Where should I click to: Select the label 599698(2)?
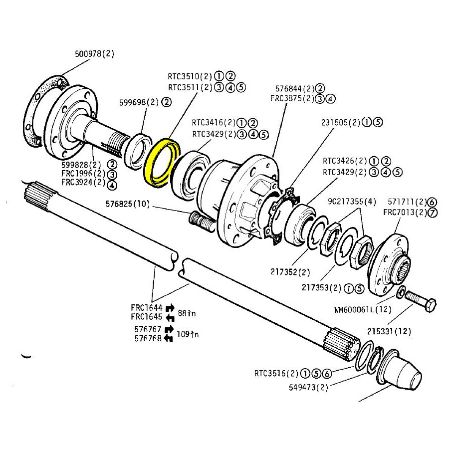[138, 102]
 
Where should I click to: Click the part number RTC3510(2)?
[190, 77]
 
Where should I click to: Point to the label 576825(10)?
[127, 204]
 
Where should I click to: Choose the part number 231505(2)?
[345, 122]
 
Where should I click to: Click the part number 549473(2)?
[309, 386]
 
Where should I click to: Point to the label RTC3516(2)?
[276, 373]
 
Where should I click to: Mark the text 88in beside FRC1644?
[187, 313]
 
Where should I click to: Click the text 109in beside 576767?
[188, 334]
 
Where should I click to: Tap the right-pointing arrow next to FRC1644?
[170, 308]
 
